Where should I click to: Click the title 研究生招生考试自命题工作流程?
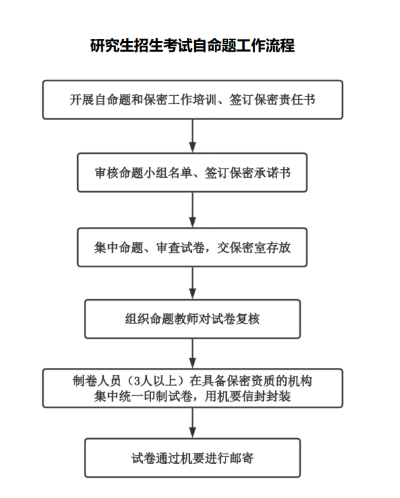[x=193, y=46]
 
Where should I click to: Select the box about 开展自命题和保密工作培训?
[x=193, y=100]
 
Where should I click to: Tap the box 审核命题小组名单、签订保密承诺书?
[x=192, y=172]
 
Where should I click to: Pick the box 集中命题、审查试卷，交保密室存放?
[x=192, y=248]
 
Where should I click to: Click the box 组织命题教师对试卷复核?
[x=192, y=319]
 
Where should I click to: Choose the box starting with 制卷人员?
[x=193, y=388]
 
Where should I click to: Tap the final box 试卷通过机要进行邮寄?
[x=192, y=458]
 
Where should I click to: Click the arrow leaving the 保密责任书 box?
[x=193, y=136]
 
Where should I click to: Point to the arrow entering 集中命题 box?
[x=193, y=210]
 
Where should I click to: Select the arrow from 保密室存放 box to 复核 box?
[x=193, y=283]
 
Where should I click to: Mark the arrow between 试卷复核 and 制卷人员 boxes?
[x=193, y=354]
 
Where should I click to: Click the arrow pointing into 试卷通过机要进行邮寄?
[x=193, y=423]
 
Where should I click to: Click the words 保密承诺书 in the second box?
[x=260, y=172]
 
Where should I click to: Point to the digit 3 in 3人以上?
[x=138, y=381]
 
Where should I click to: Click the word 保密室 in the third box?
[x=248, y=248]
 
